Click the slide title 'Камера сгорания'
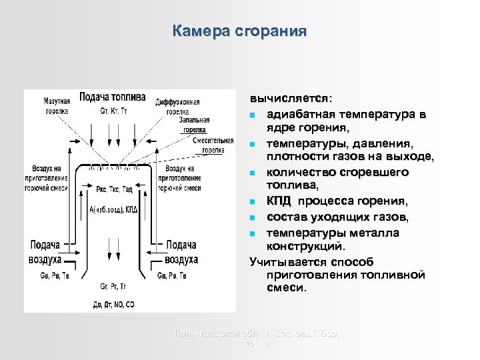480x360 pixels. coord(239,31)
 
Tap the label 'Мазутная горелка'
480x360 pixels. coord(57,107)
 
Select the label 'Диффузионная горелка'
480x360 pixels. coord(177,107)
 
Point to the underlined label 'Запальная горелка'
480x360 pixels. coord(195,125)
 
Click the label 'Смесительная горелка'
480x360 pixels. coord(213,145)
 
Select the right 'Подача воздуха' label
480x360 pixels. coord(181,252)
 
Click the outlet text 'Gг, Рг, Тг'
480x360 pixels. coord(113,287)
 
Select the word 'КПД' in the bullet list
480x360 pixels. coord(278,201)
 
